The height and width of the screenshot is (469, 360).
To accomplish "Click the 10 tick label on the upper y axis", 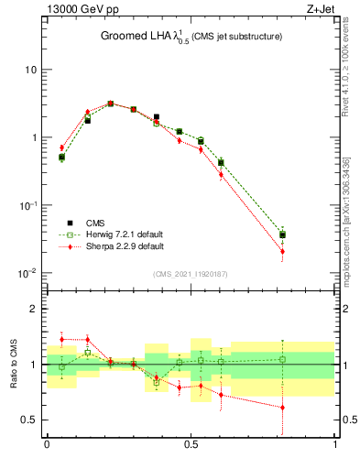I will pyautogui.click(x=30, y=70).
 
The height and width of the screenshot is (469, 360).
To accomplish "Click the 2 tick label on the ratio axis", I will pyautogui.click(x=36, y=309).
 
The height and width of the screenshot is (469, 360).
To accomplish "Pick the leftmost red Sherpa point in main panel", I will pyautogui.click(x=61, y=147).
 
